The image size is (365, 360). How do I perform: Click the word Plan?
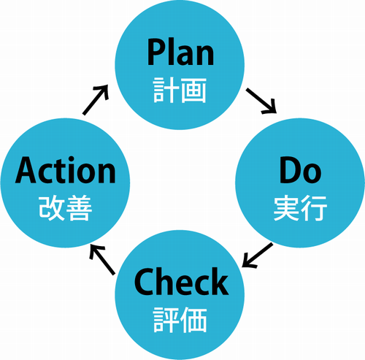pyautogui.click(x=180, y=52)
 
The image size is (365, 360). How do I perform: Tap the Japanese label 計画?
pyautogui.click(x=180, y=91)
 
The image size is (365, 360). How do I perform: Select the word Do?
pyautogui.click(x=300, y=170)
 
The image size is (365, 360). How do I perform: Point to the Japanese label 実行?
pyautogui.click(x=300, y=208)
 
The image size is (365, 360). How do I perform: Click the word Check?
pyautogui.click(x=181, y=281)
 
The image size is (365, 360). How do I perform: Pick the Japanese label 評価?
pyautogui.click(x=180, y=320)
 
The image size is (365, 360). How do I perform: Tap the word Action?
pyautogui.click(x=66, y=170)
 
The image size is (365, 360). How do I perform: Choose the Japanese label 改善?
pyautogui.click(x=66, y=208)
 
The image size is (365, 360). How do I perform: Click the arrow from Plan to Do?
pyautogui.click(x=261, y=101)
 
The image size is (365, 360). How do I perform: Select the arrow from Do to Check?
pyautogui.click(x=258, y=256)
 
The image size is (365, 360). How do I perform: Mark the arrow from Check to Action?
pyautogui.click(x=102, y=260)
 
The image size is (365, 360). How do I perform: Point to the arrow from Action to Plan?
pyautogui.click(x=96, y=100)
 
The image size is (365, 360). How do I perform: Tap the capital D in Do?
pyautogui.click(x=290, y=170)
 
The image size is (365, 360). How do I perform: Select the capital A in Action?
pyautogui.click(x=26, y=170)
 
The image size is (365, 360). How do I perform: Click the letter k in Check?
pyautogui.click(x=220, y=281)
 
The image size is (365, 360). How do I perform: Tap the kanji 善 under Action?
pyautogui.click(x=80, y=208)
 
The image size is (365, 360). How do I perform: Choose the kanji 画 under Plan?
pyautogui.click(x=194, y=91)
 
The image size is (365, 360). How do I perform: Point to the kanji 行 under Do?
pyautogui.click(x=314, y=208)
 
